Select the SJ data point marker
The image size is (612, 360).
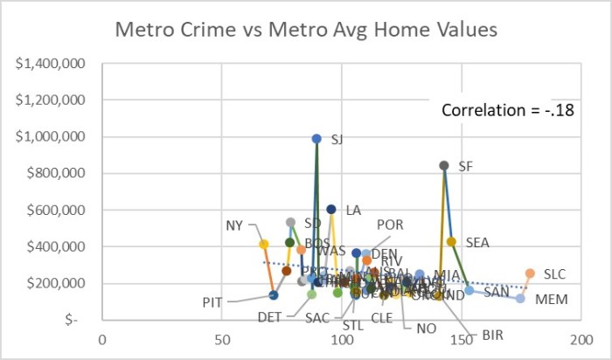point(316,138)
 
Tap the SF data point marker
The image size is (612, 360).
point(444,165)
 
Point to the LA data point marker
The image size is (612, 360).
point(331,209)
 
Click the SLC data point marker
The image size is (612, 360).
point(530,273)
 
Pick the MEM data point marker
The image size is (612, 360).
point(520,298)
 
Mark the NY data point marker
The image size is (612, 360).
point(263,244)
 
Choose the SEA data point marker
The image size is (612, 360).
point(451,242)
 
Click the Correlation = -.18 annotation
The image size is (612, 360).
point(506,111)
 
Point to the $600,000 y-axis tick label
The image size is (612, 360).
point(54,211)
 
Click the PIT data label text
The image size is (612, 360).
point(212,302)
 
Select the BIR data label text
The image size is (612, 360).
point(493,335)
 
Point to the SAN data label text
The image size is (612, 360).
point(496,291)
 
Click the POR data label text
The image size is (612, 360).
point(390,225)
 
